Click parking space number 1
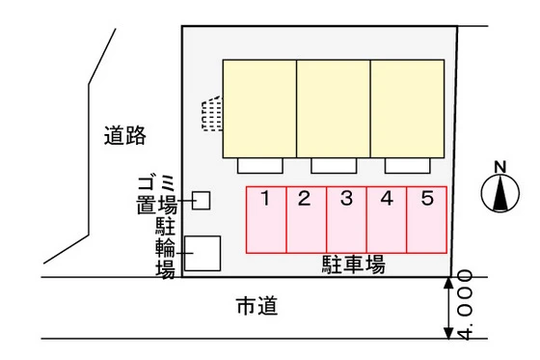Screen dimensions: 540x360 click(266, 219)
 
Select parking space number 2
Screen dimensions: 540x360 click(307, 219)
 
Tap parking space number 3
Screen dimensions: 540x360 click(346, 219)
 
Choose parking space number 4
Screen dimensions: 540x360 click(387, 219)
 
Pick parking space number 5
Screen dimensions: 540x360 click(426, 219)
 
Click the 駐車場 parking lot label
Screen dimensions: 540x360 click(353, 264)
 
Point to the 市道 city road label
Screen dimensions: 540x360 click(256, 308)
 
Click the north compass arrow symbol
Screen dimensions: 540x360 click(499, 195)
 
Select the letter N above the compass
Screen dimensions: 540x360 click(499, 165)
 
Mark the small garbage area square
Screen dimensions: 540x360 click(202, 200)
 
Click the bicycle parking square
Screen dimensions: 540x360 click(202, 253)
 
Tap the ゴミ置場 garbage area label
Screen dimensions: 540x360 click(156, 194)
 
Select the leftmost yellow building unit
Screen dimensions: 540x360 click(259, 108)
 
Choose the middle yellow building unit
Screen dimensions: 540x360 click(333, 108)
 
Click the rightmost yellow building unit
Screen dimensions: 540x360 click(408, 108)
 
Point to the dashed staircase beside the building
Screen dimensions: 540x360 click(211, 114)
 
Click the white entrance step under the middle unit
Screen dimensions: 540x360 click(333, 165)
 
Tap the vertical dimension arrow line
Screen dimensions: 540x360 click(448, 308)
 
